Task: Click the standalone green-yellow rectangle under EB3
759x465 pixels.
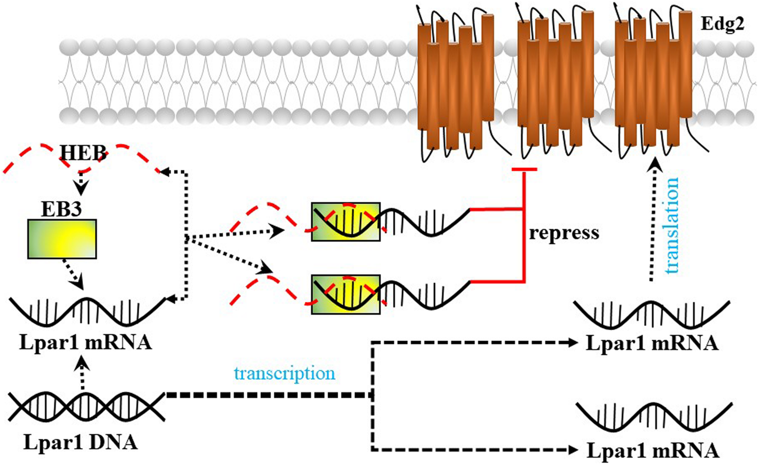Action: point(62,239)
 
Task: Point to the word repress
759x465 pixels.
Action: point(564,234)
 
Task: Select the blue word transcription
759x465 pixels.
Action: point(285,374)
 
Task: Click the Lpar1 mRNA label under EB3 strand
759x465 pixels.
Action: point(86,343)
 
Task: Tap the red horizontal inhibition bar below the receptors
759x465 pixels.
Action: point(524,169)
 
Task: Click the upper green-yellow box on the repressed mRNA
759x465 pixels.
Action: point(345,221)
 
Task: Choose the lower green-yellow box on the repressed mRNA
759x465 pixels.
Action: point(345,294)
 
